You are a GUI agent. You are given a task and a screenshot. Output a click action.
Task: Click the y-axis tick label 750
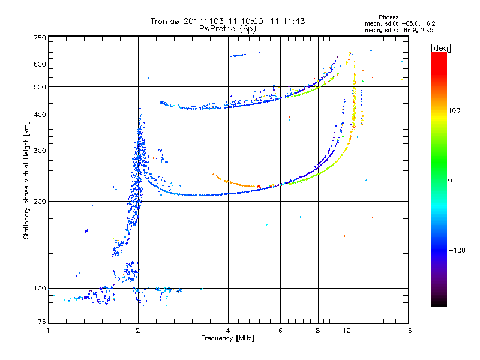[x=40, y=37]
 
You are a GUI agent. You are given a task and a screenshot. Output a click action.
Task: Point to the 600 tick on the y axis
[x=40, y=64]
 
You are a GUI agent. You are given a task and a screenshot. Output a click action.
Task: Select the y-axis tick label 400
[x=40, y=115]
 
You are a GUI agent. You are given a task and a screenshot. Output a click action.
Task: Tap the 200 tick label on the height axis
[x=40, y=201]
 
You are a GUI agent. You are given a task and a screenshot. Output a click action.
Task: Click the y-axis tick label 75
[x=41, y=322]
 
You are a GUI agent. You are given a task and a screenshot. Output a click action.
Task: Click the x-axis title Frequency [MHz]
[x=227, y=339]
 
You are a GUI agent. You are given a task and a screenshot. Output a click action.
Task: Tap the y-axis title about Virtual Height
[x=26, y=180]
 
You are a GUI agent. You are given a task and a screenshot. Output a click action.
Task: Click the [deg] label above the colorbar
[x=441, y=47]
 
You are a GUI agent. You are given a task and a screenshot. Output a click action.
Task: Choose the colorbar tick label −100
[x=457, y=250]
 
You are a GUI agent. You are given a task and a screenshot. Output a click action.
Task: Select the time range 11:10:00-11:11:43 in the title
[x=268, y=21]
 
